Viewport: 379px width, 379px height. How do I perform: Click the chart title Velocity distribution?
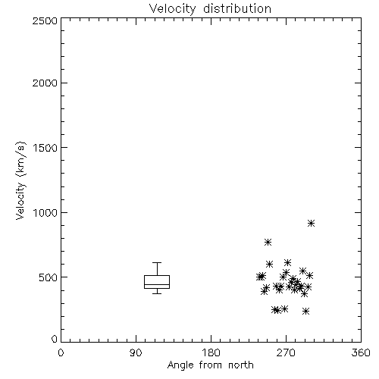pos(210,8)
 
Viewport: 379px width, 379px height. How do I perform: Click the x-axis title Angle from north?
pos(210,365)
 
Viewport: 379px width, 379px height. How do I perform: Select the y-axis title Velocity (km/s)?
pos(20,180)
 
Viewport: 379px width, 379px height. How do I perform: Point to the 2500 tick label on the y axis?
pos(45,20)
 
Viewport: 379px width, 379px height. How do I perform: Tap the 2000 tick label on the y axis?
pos(45,83)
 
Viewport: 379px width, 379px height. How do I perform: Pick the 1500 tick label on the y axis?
pos(45,148)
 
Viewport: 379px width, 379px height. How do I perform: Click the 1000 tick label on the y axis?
pos(45,212)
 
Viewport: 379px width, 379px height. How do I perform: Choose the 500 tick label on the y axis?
pos(49,277)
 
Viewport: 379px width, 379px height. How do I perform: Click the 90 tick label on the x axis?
pos(136,352)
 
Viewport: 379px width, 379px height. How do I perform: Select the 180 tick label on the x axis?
pos(211,352)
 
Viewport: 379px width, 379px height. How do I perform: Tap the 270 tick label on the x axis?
pos(286,352)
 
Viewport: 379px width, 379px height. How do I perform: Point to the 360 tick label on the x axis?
pos(361,352)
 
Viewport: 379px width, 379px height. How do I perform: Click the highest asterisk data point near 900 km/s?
pos(311,223)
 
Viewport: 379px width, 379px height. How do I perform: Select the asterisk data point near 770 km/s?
pos(268,243)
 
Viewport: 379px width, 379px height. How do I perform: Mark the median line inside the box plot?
pos(157,284)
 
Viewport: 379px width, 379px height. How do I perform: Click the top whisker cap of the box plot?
pos(157,263)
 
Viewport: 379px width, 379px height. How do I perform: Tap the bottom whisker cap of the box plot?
pos(157,293)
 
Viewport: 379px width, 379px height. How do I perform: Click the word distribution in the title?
pos(237,8)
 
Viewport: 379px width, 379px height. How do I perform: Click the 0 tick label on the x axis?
pos(61,352)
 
